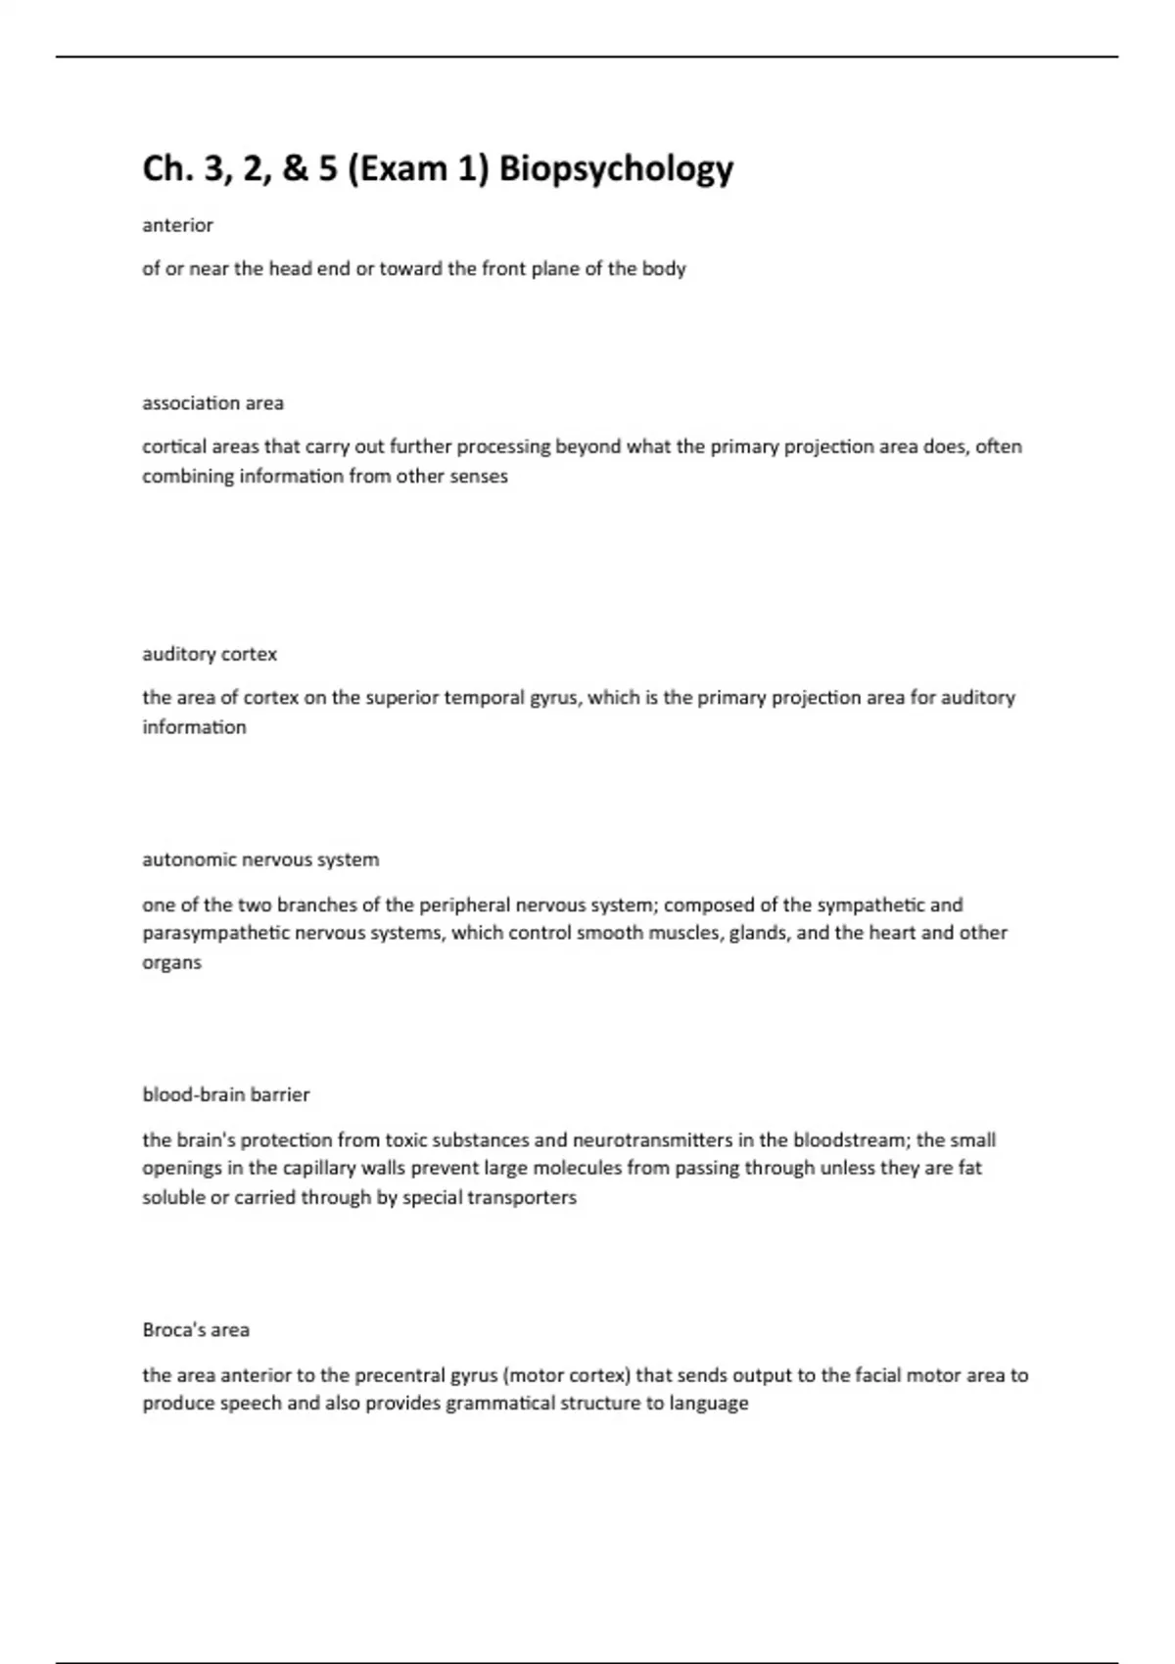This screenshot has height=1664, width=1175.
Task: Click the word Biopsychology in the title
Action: [x=616, y=169]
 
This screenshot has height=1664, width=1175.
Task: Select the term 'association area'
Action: [x=212, y=403]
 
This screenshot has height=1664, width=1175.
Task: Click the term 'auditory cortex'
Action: [x=210, y=654]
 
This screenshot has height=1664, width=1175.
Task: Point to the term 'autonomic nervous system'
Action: [x=260, y=859]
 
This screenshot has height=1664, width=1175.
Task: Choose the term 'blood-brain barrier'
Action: [x=225, y=1094]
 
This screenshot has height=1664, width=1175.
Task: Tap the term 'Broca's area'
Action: [x=196, y=1329]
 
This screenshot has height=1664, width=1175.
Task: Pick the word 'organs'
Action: [x=171, y=962]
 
